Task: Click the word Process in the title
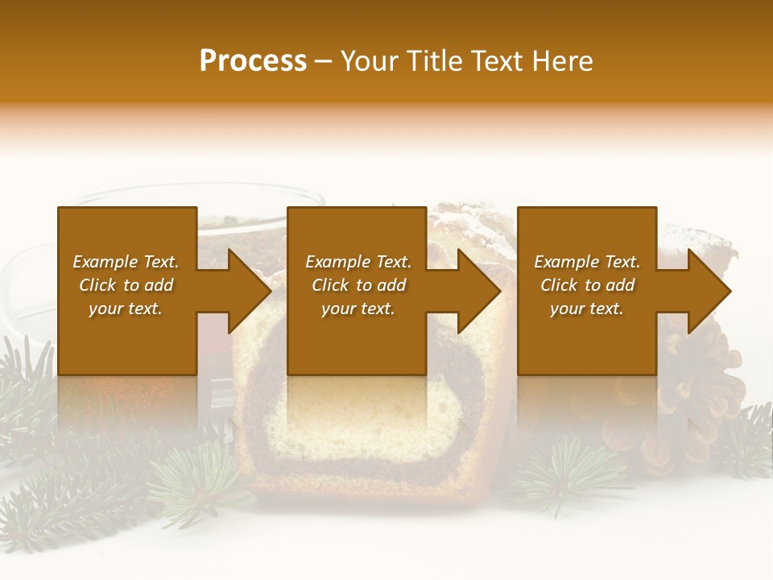pos(253,61)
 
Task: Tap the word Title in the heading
pos(432,61)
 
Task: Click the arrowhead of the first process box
pos(250,291)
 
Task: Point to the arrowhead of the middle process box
pos(479,291)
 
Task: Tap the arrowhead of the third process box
pos(709,291)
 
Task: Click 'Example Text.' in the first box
pos(126,262)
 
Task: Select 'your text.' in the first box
pos(126,309)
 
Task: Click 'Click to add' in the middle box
pos(358,285)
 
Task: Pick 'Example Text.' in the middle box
pos(358,262)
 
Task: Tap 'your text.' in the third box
pos(587,309)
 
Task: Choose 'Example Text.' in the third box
pos(587,262)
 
